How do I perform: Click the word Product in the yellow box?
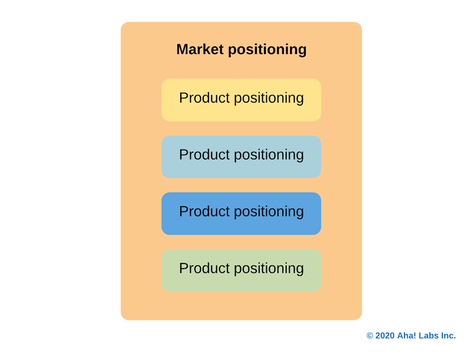click(x=204, y=98)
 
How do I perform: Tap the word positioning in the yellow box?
click(x=269, y=98)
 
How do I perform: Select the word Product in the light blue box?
click(x=204, y=155)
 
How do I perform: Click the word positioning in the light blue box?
click(x=269, y=155)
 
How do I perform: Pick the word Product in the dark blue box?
click(x=204, y=211)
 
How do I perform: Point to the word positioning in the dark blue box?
click(x=269, y=212)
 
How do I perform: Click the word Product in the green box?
click(x=204, y=268)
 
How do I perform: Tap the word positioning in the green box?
click(x=269, y=269)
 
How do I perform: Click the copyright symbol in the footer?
click(x=370, y=336)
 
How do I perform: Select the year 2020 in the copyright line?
click(x=385, y=336)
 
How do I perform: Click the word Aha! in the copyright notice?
click(x=406, y=336)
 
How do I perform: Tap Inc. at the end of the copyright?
click(x=448, y=336)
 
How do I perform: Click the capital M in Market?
click(x=182, y=49)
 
